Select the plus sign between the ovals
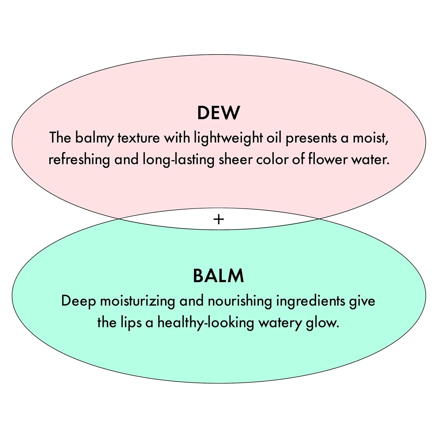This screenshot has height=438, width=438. pyautogui.click(x=219, y=219)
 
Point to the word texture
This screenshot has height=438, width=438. pyautogui.click(x=139, y=138)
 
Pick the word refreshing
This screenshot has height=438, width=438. pyautogui.click(x=79, y=160)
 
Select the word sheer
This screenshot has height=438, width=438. pyautogui.click(x=235, y=160)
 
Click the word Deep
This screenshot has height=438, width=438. pyautogui.click(x=78, y=301)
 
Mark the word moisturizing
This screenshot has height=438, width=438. pyautogui.click(x=137, y=301)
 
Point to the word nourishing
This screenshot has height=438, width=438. pyautogui.click(x=239, y=301)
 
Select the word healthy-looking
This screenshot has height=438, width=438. pyautogui.click(x=206, y=323)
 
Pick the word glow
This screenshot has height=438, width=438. pyautogui.click(x=322, y=323)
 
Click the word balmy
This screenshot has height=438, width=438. pyautogui.click(x=94, y=138)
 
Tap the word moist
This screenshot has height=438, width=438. pyautogui.click(x=370, y=138)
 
